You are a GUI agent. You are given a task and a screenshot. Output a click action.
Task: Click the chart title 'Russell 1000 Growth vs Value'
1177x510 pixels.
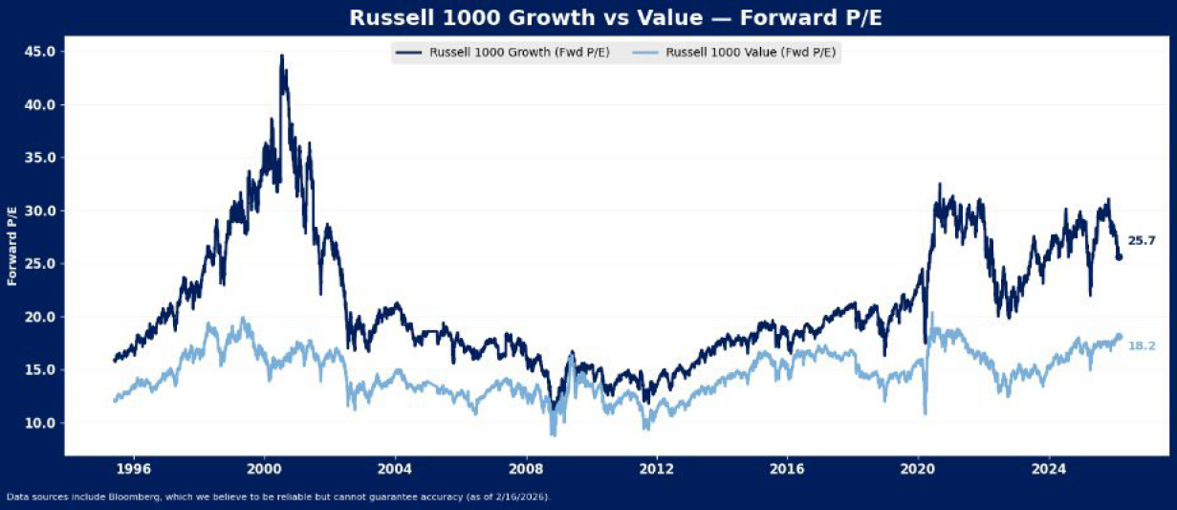(x=587, y=18)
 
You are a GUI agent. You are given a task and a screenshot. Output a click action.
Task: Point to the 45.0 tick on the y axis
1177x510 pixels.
(x=38, y=52)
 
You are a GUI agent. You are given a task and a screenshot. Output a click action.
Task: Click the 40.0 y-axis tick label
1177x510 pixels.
(x=38, y=104)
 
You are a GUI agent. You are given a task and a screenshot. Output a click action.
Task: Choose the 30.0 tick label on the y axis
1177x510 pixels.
(x=38, y=211)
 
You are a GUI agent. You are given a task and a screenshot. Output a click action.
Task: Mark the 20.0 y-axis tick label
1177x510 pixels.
(x=38, y=317)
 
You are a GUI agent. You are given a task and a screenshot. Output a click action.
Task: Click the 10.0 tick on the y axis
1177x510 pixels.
(x=38, y=423)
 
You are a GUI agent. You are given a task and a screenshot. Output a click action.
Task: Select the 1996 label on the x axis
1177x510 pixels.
(x=133, y=469)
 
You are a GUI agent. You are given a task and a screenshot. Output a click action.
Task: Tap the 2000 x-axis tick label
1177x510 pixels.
(x=264, y=469)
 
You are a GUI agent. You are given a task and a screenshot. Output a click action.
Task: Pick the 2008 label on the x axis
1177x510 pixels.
(x=525, y=469)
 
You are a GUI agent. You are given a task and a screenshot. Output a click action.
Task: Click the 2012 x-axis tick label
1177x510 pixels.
(x=656, y=469)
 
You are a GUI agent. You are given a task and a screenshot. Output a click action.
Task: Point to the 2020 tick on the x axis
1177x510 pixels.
(x=918, y=469)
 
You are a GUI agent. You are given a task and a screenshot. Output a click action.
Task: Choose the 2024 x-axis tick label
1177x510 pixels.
(x=1049, y=469)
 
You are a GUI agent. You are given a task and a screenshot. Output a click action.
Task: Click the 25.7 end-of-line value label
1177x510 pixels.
(x=1142, y=241)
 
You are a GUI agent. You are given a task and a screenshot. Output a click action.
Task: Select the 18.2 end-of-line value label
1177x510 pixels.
(x=1142, y=345)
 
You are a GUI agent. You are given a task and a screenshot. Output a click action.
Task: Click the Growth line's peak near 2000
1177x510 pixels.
(x=281, y=56)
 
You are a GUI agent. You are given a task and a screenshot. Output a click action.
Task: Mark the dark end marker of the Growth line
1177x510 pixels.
(x=1120, y=256)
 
